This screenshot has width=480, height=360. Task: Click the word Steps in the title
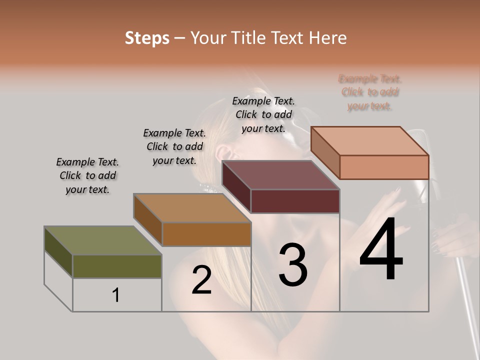pyautogui.click(x=147, y=38)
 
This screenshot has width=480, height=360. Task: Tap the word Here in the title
pyautogui.click(x=327, y=38)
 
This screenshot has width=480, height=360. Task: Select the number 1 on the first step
pyautogui.click(x=116, y=295)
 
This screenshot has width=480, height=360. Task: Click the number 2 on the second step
pyautogui.click(x=201, y=280)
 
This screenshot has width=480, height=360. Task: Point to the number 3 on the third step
pyautogui.click(x=292, y=265)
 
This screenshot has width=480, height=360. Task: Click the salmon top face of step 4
pyautogui.click(x=370, y=141)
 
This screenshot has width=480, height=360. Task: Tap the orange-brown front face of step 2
pyautogui.click(x=206, y=234)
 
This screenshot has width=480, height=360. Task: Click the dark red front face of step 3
pyautogui.click(x=295, y=201)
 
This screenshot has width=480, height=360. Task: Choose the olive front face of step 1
pyautogui.click(x=117, y=266)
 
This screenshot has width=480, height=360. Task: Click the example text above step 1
pyautogui.click(x=87, y=175)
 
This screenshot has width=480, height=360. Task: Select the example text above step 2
pyautogui.click(x=174, y=146)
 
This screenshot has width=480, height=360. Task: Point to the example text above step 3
pyautogui.click(x=263, y=114)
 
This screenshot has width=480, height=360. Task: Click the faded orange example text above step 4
pyautogui.click(x=370, y=92)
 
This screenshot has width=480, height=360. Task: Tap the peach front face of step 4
pyautogui.click(x=384, y=167)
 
